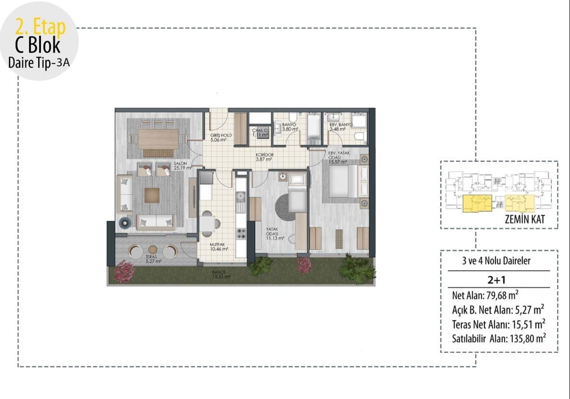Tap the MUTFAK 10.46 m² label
219,246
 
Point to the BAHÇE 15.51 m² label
222,274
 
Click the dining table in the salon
158,139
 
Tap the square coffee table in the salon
152,194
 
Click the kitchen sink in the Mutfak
241,196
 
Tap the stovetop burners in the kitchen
241,234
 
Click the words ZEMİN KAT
524,221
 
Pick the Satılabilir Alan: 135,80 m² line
499,338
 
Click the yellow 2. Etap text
40,26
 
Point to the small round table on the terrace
153,250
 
